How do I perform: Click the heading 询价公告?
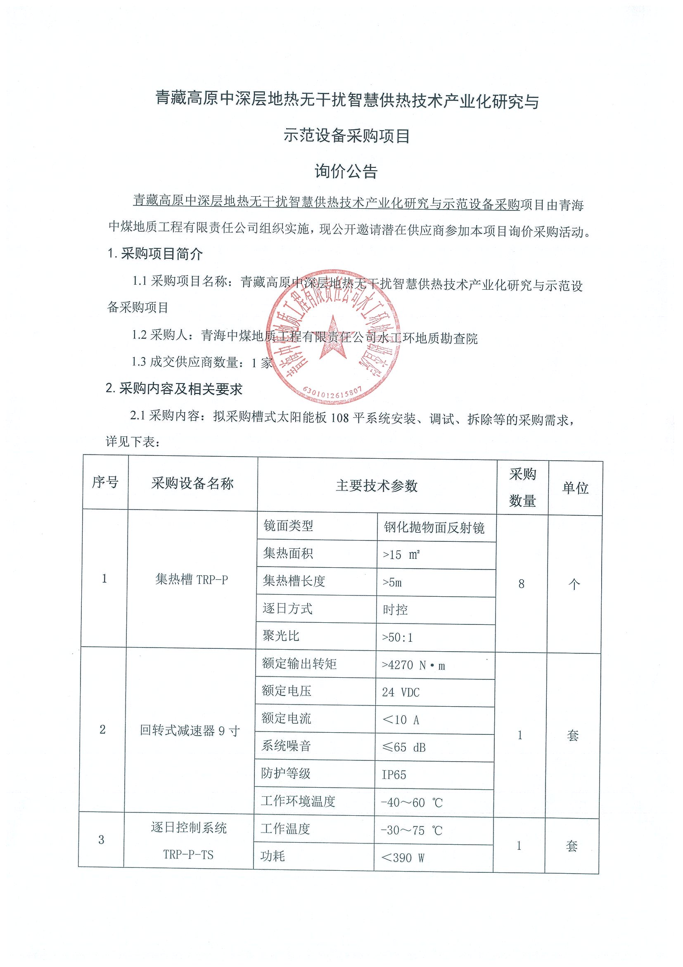346,171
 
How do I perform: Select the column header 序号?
105,483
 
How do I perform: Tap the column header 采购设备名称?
192,484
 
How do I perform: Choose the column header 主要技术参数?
377,486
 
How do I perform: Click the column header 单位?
575,488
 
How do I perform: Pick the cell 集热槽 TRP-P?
192,580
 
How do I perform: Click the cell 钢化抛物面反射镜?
434,527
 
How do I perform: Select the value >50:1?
397,637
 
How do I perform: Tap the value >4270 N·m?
413,665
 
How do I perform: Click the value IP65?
394,775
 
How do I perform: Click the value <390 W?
402,857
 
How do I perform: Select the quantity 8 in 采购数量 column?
522,584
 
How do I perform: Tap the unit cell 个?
574,584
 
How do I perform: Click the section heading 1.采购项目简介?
155,254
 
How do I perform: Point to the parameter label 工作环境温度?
298,801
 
